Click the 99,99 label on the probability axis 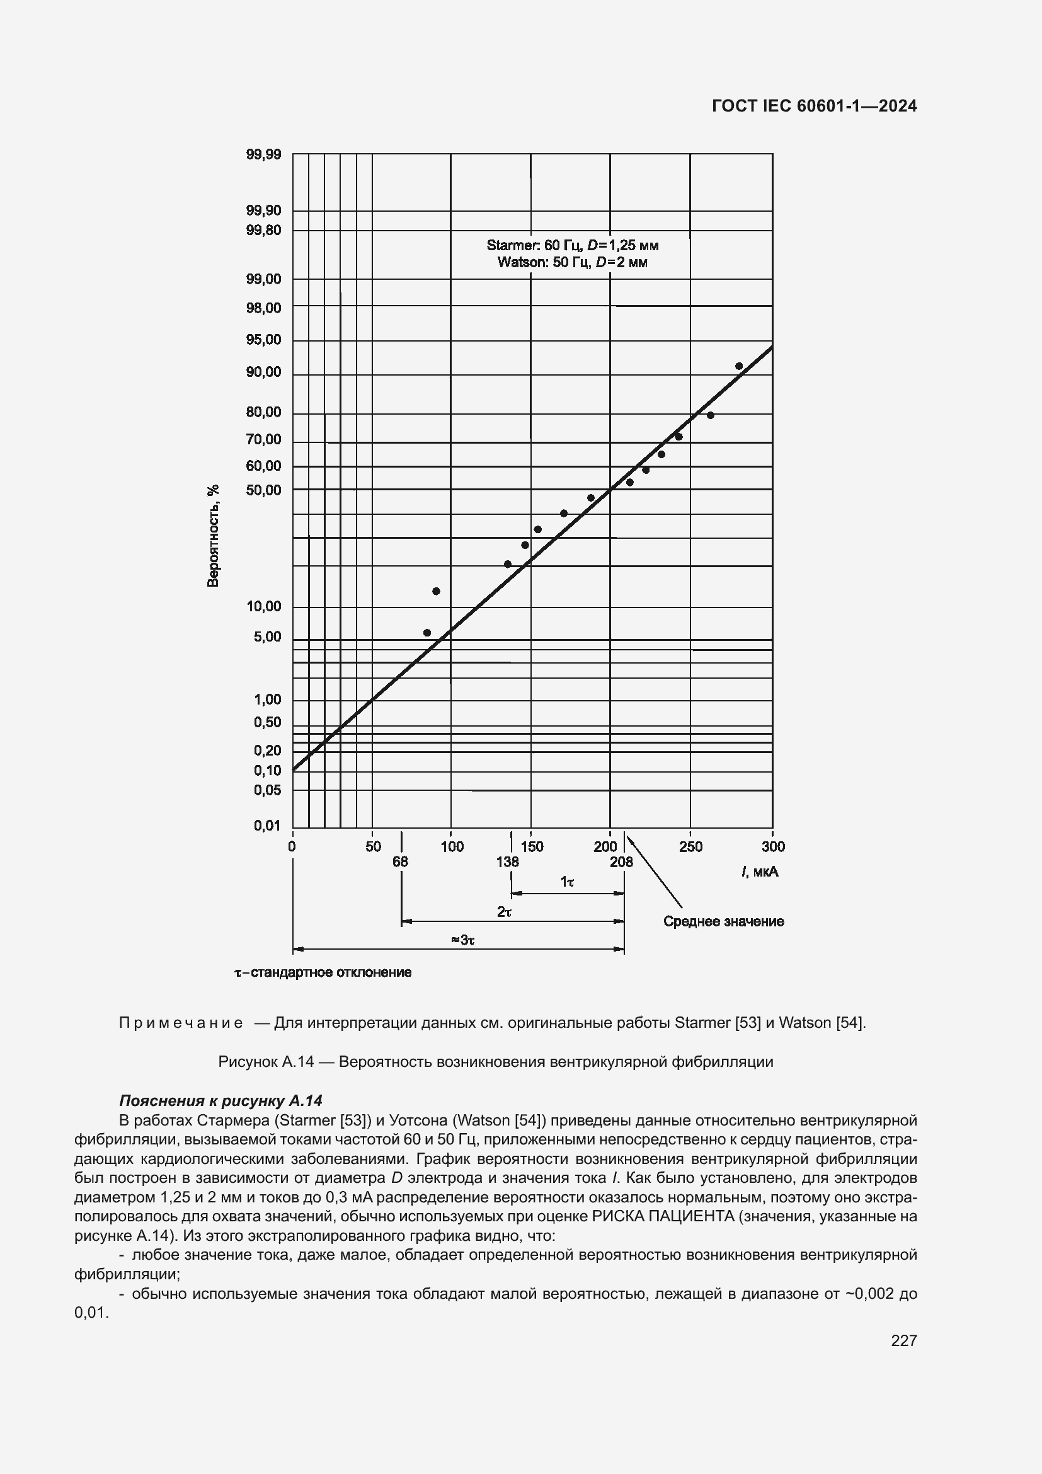[x=263, y=154]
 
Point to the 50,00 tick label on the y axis [x=263, y=490]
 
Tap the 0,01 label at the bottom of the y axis [x=267, y=826]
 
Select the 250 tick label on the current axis [x=690, y=847]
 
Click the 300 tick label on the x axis [x=773, y=847]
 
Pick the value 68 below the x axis [x=400, y=861]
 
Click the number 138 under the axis [x=507, y=861]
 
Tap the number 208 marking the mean [x=621, y=861]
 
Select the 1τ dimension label [x=567, y=882]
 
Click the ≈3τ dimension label [x=462, y=940]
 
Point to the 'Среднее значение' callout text [x=723, y=921]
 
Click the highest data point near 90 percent [x=738, y=366]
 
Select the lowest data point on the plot [x=427, y=632]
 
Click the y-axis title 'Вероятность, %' [x=213, y=536]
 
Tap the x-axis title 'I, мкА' [x=760, y=871]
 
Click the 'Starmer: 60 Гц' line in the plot [x=572, y=245]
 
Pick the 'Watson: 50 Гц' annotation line [x=572, y=262]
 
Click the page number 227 [x=903, y=1340]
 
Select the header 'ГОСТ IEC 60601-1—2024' [x=814, y=107]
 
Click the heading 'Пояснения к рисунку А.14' [x=220, y=1100]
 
